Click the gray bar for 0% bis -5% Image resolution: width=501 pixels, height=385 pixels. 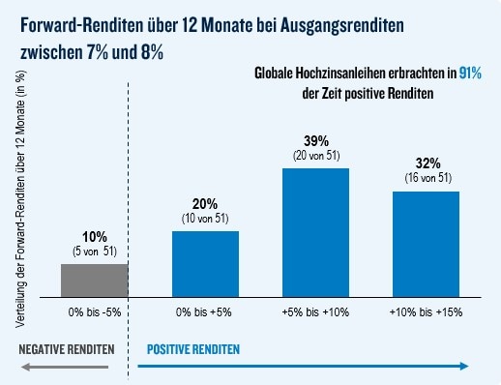click(94, 279)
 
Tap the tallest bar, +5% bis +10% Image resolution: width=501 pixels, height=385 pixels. click(315, 231)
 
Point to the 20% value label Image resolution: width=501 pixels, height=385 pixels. click(205, 204)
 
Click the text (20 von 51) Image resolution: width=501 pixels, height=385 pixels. click(315, 156)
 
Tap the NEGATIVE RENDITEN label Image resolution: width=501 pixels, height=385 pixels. click(66, 348)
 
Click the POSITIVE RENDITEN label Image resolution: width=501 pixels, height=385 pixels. click(192, 348)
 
